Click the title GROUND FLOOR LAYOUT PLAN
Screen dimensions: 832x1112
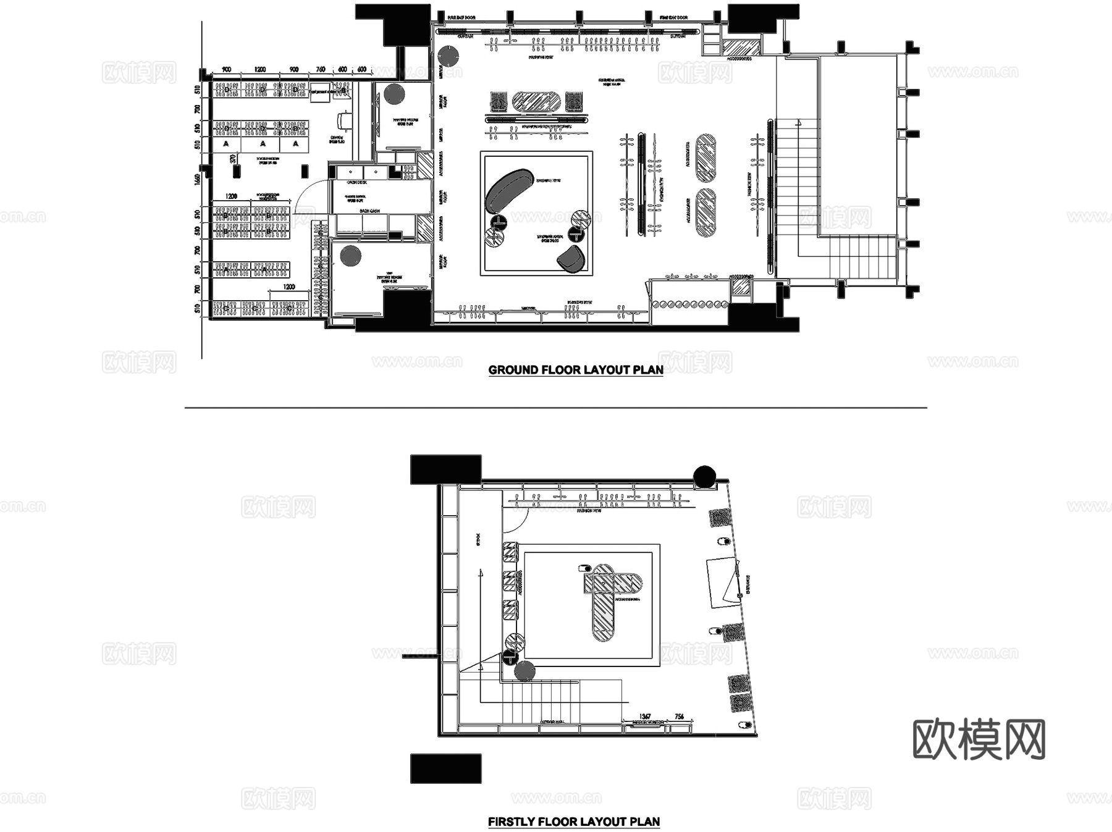pyautogui.click(x=575, y=370)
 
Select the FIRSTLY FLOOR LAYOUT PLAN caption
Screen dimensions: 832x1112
pyautogui.click(x=574, y=821)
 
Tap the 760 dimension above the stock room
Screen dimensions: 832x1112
pyautogui.click(x=321, y=70)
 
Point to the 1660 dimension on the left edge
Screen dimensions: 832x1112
pyautogui.click(x=197, y=179)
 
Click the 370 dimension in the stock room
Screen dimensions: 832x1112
pyautogui.click(x=233, y=159)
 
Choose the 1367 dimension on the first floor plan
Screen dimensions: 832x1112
pyautogui.click(x=645, y=716)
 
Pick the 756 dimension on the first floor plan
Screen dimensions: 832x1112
pyautogui.click(x=679, y=716)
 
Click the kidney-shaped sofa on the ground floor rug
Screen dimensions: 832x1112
pyautogui.click(x=508, y=188)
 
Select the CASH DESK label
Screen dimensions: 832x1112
pyautogui.click(x=357, y=182)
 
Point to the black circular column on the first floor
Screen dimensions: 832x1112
pyautogui.click(x=704, y=476)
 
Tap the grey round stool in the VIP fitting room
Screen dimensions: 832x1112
pyautogui.click(x=350, y=255)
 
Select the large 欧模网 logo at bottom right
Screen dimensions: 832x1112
pyautogui.click(x=979, y=739)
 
